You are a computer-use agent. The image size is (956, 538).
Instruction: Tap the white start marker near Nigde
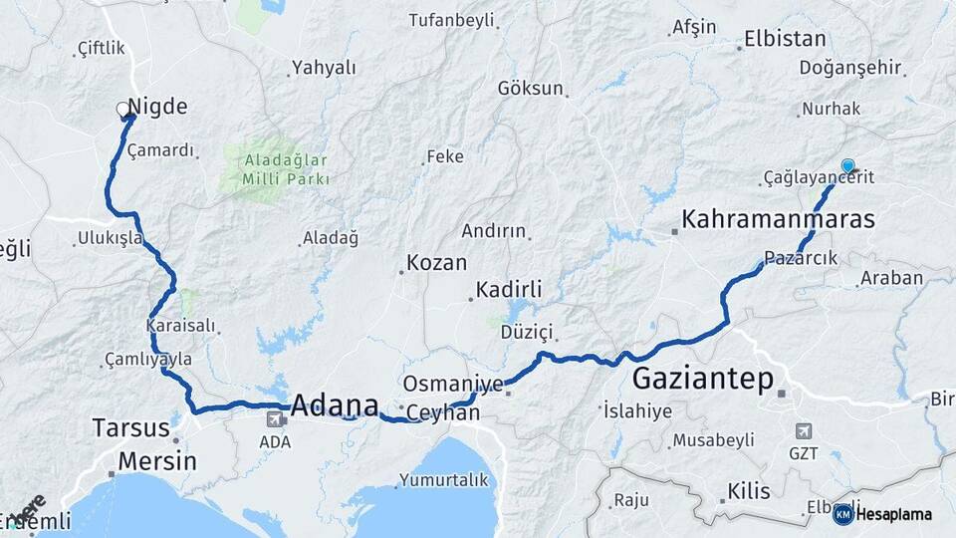122,109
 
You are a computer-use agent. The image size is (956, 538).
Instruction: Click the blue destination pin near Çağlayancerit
847,166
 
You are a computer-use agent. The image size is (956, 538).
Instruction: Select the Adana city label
335,405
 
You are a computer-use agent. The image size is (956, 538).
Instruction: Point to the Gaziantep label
703,379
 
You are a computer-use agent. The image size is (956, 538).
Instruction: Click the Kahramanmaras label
778,219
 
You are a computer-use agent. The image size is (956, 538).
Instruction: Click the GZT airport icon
803,431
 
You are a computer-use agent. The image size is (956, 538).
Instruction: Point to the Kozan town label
435,264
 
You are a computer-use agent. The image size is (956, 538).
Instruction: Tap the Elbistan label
786,40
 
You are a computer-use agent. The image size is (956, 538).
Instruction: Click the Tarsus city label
130,428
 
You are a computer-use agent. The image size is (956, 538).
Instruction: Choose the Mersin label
157,461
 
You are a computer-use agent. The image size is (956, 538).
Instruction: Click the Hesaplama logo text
893,514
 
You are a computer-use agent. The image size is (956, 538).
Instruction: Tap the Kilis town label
749,491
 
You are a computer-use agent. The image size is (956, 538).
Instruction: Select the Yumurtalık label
444,480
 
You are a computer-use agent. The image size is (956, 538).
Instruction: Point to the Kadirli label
509,289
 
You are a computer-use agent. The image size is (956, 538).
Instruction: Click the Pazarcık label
801,257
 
